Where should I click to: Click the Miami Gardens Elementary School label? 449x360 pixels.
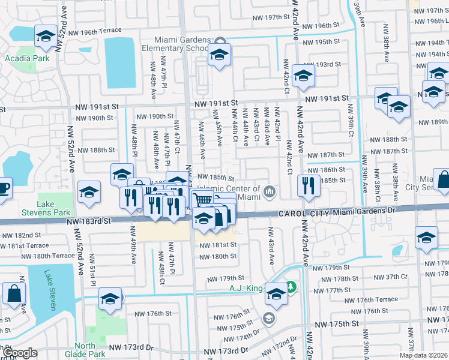pyautogui.click(x=176, y=44)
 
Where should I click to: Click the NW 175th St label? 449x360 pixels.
pyautogui.click(x=338, y=324)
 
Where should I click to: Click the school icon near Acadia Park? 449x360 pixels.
pyautogui.click(x=45, y=37)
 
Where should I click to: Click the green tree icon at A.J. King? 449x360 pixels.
pyautogui.click(x=291, y=287)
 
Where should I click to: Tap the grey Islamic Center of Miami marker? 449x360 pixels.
pyautogui.click(x=271, y=192)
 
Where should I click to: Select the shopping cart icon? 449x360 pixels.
pyautogui.click(x=203, y=200)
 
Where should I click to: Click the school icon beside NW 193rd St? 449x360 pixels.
pyautogui.click(x=304, y=76)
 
